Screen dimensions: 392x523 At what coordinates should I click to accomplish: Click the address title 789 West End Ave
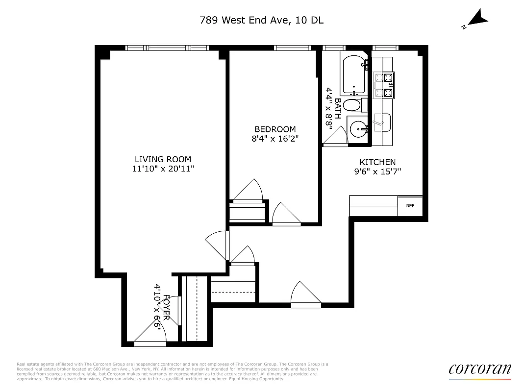(261, 20)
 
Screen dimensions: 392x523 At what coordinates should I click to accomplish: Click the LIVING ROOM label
(163, 159)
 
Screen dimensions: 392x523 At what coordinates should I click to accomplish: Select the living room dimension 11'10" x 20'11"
(163, 169)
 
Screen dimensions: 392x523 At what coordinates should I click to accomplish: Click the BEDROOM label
(275, 129)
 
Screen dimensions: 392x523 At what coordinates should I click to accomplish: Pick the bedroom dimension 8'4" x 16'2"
(275, 139)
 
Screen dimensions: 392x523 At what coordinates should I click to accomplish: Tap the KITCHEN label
(377, 162)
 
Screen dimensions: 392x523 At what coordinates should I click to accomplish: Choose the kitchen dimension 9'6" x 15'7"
(377, 171)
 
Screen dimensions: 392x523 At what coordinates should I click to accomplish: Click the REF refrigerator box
(410, 206)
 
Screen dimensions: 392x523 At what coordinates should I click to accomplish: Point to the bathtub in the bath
(353, 75)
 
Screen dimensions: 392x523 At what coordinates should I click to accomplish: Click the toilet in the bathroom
(351, 105)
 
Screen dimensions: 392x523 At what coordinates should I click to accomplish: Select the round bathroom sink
(359, 130)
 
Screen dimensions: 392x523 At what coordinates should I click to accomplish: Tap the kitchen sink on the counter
(382, 122)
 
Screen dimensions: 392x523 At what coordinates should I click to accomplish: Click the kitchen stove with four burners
(384, 85)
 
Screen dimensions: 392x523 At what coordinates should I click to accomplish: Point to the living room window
(167, 48)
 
